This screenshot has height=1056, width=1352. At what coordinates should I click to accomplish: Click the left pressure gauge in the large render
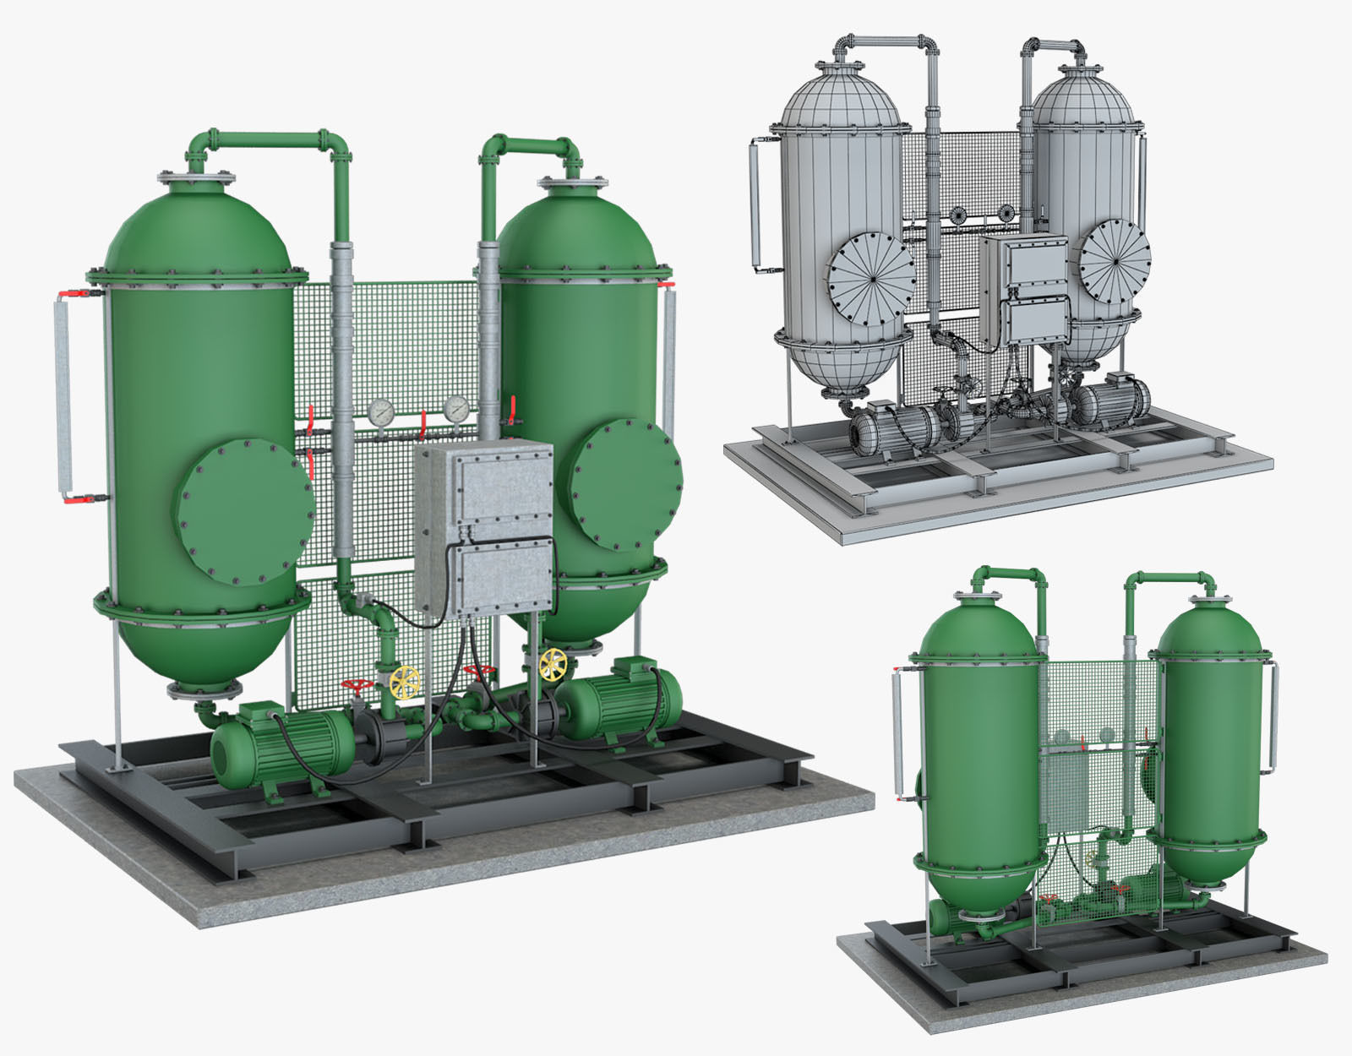[381, 411]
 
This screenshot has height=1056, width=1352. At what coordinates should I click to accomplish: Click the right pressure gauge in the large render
[456, 408]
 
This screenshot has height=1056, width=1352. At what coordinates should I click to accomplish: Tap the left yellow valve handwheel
[406, 681]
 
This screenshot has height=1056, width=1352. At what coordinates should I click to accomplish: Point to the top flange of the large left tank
[196, 178]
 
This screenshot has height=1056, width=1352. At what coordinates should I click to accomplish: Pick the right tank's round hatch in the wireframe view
[1115, 260]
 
